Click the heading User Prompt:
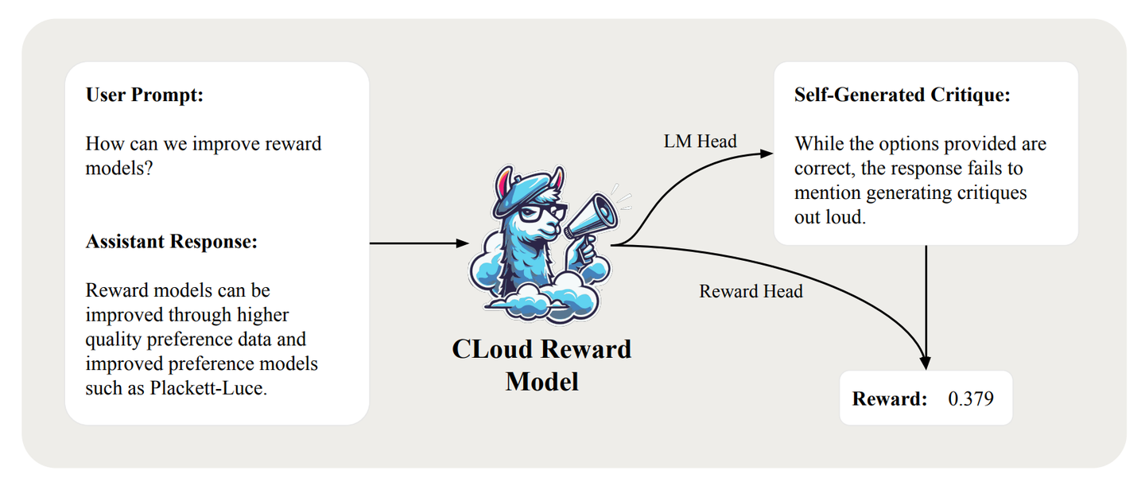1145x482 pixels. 145,95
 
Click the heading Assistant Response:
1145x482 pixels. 172,242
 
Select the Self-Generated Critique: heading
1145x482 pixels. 902,95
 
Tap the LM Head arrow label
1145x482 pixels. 701,142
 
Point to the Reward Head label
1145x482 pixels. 751,291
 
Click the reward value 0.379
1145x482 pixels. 971,398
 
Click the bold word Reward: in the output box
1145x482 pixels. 890,398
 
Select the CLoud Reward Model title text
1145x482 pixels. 541,364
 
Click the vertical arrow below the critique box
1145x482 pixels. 926,306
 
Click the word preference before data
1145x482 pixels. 198,340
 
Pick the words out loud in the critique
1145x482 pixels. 829,216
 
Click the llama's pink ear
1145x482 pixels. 502,187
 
